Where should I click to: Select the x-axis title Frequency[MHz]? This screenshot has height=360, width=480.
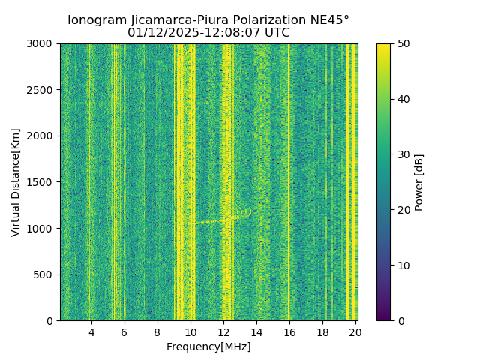click(208, 346)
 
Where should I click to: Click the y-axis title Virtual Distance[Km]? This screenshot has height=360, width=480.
click(16, 182)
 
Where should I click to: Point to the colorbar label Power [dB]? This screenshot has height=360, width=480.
click(419, 182)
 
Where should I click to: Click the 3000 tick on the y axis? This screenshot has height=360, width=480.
click(42, 43)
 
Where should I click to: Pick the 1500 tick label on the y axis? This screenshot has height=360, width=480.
click(42, 182)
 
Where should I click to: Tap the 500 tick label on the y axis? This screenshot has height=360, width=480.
click(45, 274)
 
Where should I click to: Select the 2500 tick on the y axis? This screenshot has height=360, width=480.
click(42, 90)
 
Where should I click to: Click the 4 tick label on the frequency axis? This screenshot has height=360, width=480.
click(91, 331)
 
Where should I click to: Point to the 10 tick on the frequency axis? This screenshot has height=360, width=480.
click(190, 331)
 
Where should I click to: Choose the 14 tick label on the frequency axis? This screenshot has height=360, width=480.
click(256, 331)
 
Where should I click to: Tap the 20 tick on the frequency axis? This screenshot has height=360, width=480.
click(355, 331)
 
